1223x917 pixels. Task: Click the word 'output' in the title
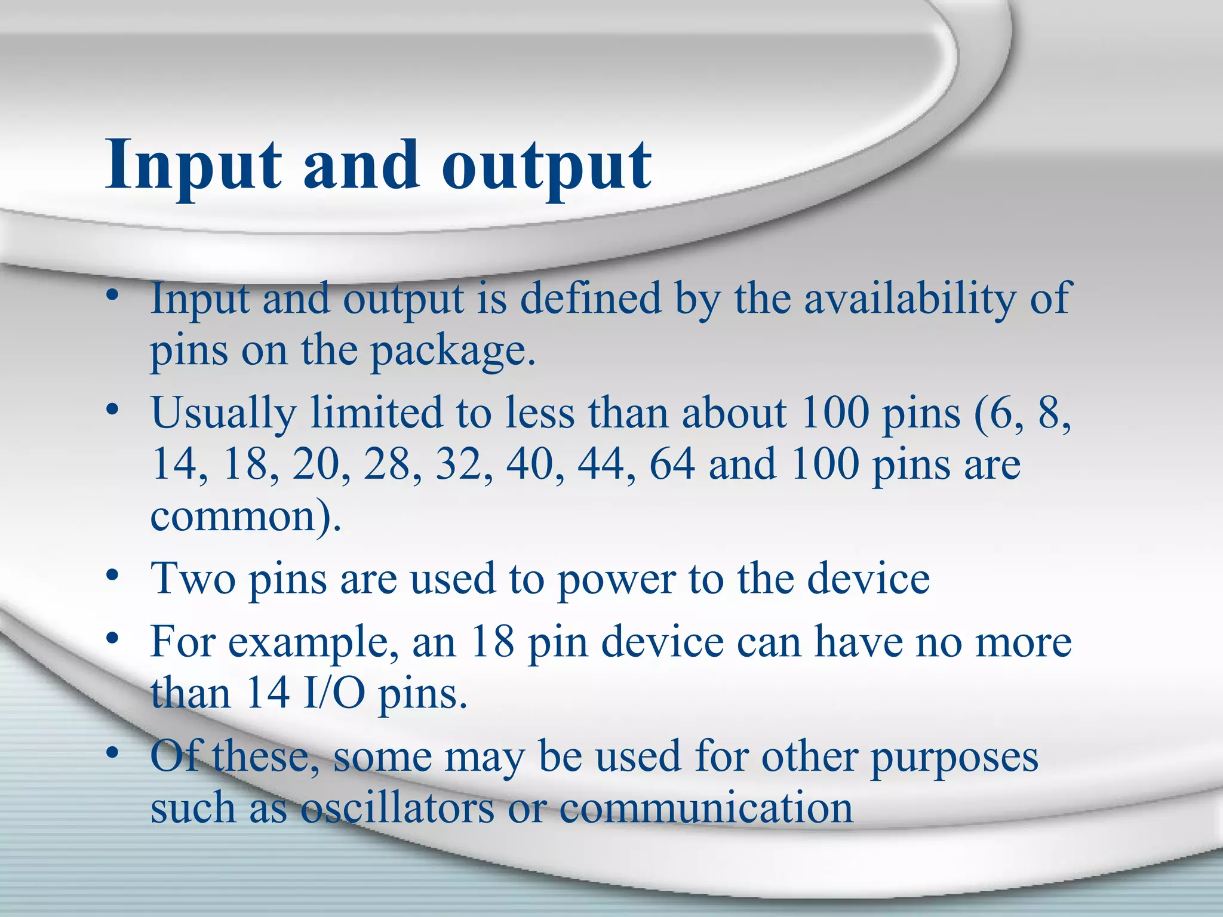[x=546, y=165]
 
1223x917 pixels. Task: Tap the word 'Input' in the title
[x=193, y=165]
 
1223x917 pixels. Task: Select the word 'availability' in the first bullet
[x=909, y=299]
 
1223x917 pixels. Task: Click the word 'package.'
[x=453, y=351]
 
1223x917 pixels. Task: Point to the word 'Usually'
[x=223, y=413]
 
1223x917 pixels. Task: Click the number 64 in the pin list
[x=672, y=464]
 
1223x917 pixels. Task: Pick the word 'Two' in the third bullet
[x=193, y=578]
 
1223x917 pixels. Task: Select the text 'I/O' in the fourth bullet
[x=334, y=694]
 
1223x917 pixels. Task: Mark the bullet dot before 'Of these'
[x=112, y=753]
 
